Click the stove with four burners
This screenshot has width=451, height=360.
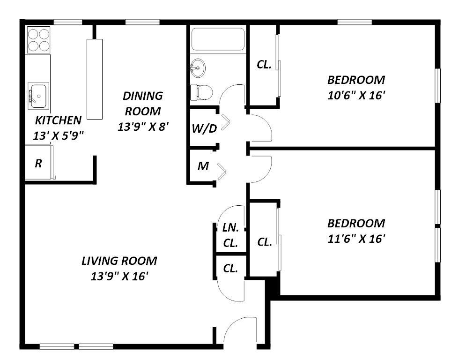38,40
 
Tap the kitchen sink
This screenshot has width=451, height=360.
38,96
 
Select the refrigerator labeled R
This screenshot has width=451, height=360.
39,163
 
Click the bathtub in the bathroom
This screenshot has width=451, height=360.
218,39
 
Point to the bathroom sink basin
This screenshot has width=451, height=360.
198,68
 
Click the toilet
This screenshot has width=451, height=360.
202,92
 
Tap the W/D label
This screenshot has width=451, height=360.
204,128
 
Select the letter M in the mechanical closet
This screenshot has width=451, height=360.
203,166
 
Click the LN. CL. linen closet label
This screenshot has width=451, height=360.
230,235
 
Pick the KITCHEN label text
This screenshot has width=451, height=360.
58,120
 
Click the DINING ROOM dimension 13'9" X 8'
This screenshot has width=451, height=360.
143,127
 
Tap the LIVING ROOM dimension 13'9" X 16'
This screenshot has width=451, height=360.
119,276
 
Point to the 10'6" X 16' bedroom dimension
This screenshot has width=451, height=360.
356,95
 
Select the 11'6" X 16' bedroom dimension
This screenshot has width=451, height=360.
356,239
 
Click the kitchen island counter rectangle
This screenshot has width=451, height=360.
95,79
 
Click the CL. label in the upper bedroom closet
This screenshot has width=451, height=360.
264,65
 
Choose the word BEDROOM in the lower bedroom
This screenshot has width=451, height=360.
356,223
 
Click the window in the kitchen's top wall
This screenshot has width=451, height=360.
68,22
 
